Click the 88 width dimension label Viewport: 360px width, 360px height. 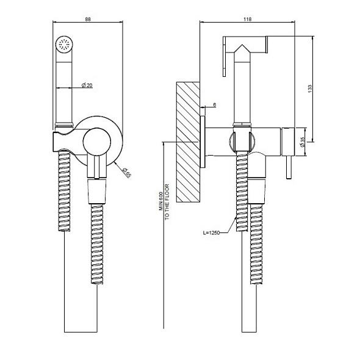tap(88, 20)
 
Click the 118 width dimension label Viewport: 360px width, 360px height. tap(248, 20)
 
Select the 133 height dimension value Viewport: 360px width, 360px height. tap(310, 89)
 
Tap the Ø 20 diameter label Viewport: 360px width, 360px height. tap(87, 85)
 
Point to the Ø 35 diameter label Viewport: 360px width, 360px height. tap(302, 142)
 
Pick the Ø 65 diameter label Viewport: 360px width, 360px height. tap(126, 173)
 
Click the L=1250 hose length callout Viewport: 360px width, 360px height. tap(211, 233)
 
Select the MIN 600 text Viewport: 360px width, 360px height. tap(161, 201)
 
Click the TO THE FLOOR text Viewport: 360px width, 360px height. tap(167, 202)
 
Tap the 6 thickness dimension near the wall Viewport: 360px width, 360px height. tap(215, 105)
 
